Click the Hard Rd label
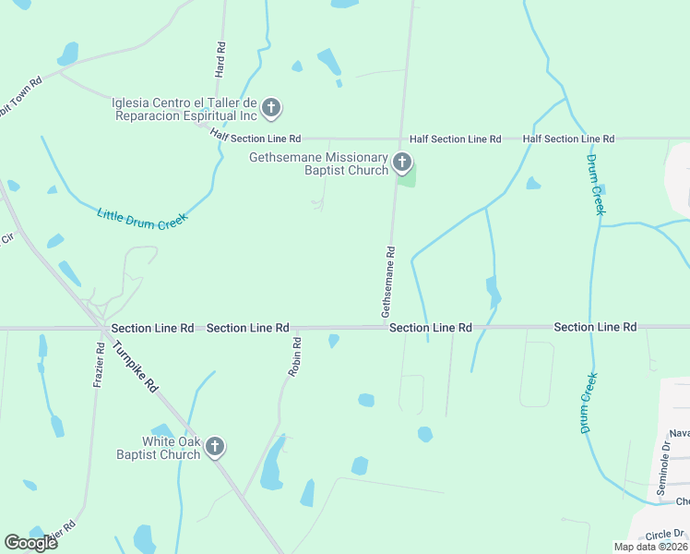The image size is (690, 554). pyautogui.click(x=220, y=59)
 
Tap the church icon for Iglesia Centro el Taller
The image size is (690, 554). pyautogui.click(x=271, y=109)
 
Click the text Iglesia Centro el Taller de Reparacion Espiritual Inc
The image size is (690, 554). pyautogui.click(x=184, y=109)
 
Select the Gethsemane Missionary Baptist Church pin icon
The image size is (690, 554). pyautogui.click(x=401, y=163)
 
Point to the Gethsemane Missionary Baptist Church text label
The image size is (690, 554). pyautogui.click(x=318, y=163)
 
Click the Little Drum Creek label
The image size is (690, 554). pyautogui.click(x=142, y=219)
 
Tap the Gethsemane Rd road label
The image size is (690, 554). pyautogui.click(x=388, y=283)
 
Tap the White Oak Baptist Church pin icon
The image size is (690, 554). pyautogui.click(x=214, y=448)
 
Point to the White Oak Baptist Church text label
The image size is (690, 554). pyautogui.click(x=158, y=448)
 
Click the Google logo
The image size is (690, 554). pyautogui.click(x=30, y=542)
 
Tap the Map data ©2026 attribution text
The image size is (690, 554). pyautogui.click(x=649, y=547)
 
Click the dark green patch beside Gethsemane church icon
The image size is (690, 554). pyautogui.click(x=409, y=175)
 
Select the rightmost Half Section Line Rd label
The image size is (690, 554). pyautogui.click(x=568, y=138)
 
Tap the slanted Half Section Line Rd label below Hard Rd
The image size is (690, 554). pyautogui.click(x=256, y=137)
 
